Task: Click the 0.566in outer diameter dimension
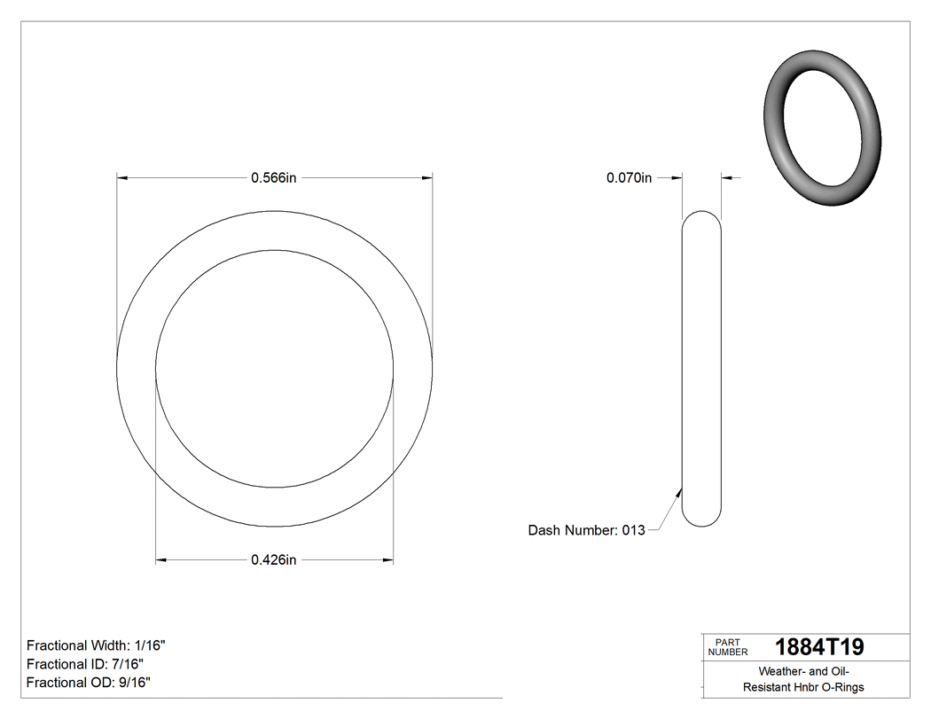pos(273,178)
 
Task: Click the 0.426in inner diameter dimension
pos(273,559)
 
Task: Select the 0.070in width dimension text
pos(629,178)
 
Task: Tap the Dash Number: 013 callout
pos(586,530)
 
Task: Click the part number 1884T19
pos(818,647)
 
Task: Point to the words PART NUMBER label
pos(728,647)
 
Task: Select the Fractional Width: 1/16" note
pos(96,645)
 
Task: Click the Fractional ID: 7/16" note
pos(85,664)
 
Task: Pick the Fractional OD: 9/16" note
pos(89,682)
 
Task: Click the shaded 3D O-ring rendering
pos(822,128)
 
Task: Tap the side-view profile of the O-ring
pos(701,369)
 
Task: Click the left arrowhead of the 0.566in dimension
pos(123,178)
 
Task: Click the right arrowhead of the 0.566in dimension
pos(426,178)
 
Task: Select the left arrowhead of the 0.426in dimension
pos(161,559)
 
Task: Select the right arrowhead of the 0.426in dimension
pos(387,559)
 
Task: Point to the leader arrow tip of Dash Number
pos(679,488)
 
